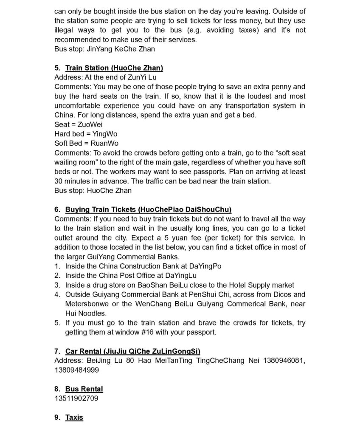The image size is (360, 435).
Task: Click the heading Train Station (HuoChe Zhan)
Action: [114, 68]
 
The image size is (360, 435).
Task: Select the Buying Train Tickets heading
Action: [148, 209]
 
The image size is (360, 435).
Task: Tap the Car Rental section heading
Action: [133, 351]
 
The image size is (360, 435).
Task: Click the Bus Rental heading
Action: [84, 389]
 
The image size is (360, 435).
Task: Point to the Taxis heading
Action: [74, 417]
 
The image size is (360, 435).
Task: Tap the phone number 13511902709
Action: [76, 398]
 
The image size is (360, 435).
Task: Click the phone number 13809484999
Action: [76, 370]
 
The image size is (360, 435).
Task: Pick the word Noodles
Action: [93, 313]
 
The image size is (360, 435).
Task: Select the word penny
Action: [270, 87]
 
